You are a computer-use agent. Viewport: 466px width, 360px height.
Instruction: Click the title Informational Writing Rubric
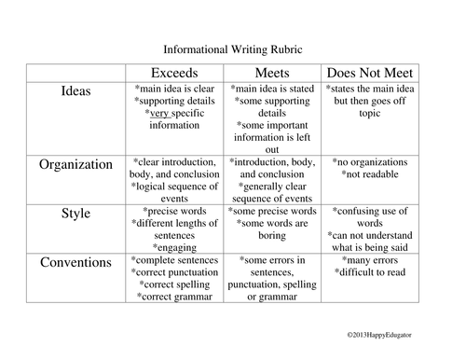(233, 49)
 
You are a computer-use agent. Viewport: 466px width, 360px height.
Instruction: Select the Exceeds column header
(174, 73)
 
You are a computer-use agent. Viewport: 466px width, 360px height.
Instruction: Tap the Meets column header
(272, 73)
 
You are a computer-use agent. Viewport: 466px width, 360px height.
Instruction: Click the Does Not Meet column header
(370, 73)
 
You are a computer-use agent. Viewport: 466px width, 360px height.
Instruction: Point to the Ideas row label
(75, 90)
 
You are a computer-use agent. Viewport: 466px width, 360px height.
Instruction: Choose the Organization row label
(75, 164)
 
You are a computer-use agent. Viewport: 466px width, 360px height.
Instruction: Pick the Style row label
(75, 214)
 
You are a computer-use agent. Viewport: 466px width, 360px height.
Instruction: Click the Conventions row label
(75, 262)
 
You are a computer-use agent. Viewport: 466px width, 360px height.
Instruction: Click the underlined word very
(159, 114)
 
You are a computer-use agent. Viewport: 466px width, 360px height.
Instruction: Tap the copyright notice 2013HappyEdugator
(379, 335)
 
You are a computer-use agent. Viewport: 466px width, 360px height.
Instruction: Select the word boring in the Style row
(272, 235)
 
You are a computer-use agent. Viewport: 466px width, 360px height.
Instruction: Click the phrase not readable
(372, 174)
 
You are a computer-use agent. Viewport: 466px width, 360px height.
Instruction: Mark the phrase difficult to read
(372, 272)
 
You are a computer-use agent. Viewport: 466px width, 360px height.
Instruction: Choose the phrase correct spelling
(177, 284)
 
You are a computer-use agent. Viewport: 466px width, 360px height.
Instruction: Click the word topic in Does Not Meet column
(370, 114)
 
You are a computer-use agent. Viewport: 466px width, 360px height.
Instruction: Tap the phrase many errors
(372, 260)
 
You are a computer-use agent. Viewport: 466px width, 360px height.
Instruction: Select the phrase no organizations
(372, 162)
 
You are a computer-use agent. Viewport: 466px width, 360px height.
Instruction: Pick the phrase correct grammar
(177, 297)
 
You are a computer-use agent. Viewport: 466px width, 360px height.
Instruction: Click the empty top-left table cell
(76, 73)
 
